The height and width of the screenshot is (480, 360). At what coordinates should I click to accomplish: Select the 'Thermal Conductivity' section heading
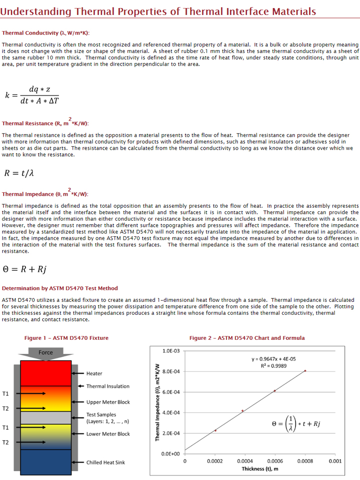pos(45,33)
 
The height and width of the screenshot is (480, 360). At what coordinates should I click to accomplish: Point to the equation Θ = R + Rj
pos(24,269)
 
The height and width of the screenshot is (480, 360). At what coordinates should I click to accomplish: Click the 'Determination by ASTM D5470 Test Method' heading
pos(60,288)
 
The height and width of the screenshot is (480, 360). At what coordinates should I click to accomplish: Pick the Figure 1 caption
pos(66,338)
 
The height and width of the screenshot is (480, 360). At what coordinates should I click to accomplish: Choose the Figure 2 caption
pos(246,338)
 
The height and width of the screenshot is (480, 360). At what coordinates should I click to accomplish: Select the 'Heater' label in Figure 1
pos(94,373)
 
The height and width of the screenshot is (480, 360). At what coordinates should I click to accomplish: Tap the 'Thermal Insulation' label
pos(107,386)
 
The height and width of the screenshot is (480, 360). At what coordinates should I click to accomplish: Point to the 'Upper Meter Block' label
pos(108,402)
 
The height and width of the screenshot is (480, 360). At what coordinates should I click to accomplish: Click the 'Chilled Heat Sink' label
pos(105,462)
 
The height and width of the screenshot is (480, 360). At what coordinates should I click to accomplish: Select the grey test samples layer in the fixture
pos(45,417)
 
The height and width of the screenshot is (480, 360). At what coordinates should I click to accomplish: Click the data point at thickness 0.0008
pos(305,371)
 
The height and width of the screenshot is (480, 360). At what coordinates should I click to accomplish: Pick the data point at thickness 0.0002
pos(215,430)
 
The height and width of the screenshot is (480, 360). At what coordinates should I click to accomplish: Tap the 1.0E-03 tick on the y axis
pos(171,351)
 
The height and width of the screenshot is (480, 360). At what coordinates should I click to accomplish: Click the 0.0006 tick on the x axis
pos(274,461)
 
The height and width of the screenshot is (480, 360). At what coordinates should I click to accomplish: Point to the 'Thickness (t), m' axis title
pos(260,469)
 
